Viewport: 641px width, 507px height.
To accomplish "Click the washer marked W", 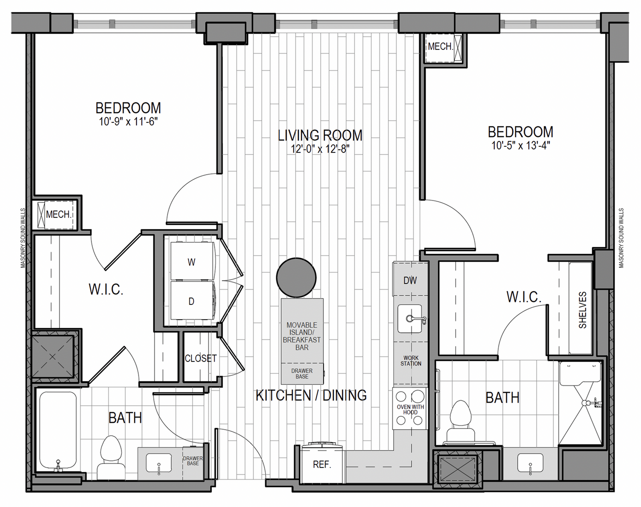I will pyautogui.click(x=192, y=262).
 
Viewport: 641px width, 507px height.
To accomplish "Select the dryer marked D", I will pyautogui.click(x=192, y=301).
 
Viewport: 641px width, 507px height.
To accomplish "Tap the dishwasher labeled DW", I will pyautogui.click(x=410, y=280).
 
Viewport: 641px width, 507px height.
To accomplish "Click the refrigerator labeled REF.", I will pyautogui.click(x=322, y=464).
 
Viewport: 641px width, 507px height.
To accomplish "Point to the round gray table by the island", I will pyautogui.click(x=296, y=277).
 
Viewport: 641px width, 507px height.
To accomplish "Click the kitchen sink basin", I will pyautogui.click(x=409, y=318).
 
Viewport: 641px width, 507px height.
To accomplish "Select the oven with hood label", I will pyautogui.click(x=410, y=409).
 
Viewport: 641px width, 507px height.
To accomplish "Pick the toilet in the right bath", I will pyautogui.click(x=460, y=422).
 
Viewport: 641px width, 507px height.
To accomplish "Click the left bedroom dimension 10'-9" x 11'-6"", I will pyautogui.click(x=128, y=122).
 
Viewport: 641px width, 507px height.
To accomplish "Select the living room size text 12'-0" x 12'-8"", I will pyautogui.click(x=320, y=149).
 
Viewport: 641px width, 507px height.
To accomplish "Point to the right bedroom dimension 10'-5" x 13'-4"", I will pyautogui.click(x=520, y=146).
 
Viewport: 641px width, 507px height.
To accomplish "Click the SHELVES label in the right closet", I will pyautogui.click(x=582, y=310).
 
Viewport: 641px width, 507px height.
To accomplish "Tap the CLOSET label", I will pyautogui.click(x=200, y=358).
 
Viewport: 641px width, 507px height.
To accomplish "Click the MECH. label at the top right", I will pyautogui.click(x=440, y=46).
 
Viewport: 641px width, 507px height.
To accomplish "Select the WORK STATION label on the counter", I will pyautogui.click(x=411, y=361).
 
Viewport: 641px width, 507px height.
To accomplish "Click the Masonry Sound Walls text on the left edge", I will pyautogui.click(x=23, y=238).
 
